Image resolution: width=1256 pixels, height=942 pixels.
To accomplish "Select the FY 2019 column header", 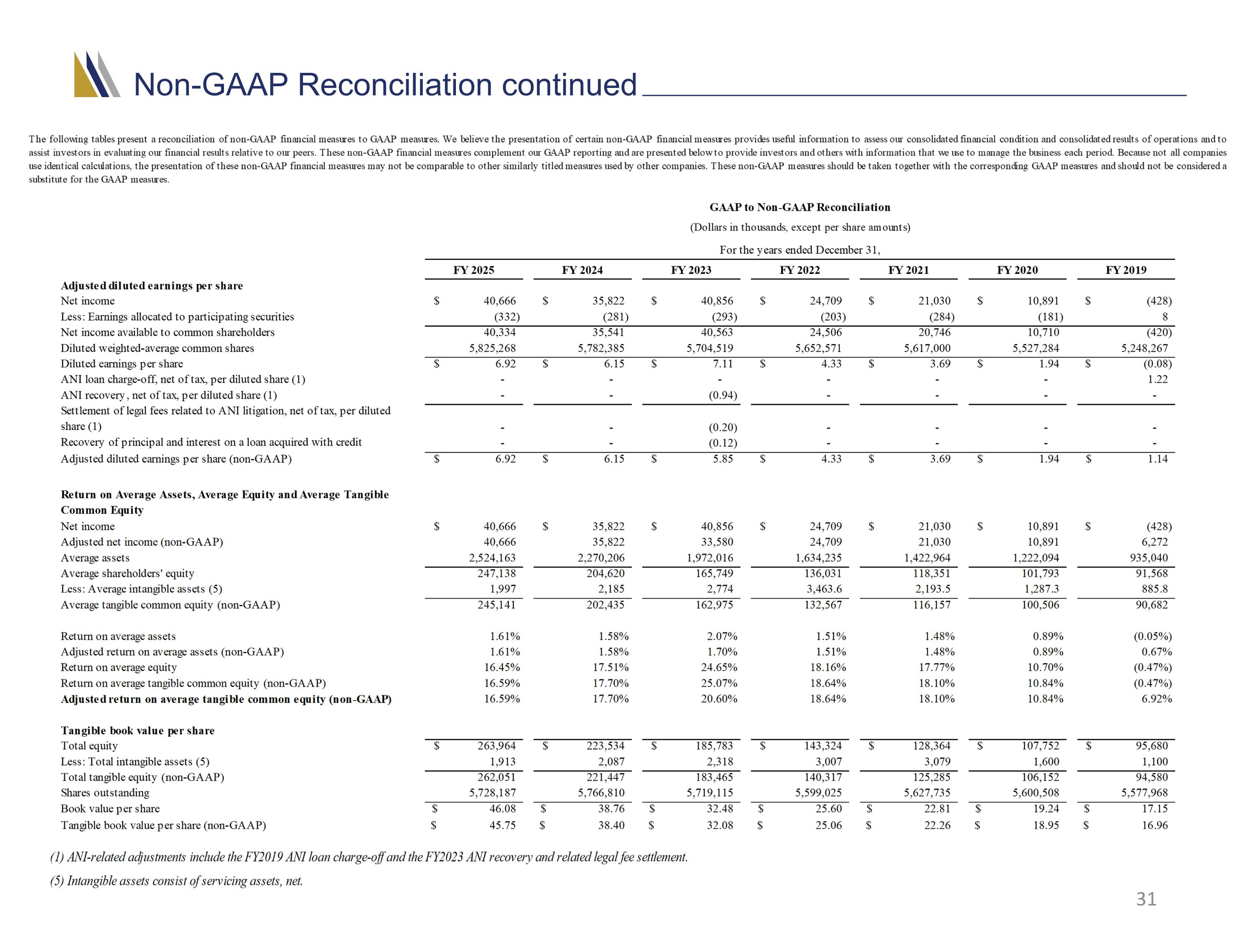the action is pos(1125,270).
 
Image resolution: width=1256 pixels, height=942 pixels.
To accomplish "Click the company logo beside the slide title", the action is pos(97,75).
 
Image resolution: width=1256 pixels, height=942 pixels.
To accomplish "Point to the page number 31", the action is pos(1146,899).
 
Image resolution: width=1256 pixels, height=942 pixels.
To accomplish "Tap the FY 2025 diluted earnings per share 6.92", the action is pos(505,364).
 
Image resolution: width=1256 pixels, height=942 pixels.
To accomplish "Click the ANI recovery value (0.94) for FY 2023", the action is pos(723,395).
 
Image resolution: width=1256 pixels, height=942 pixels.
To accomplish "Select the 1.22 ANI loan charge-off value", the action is pos(1158,379).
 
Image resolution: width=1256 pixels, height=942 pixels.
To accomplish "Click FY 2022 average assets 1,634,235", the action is pos(818,558).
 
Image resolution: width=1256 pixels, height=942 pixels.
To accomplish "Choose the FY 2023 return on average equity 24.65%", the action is pos(719,668).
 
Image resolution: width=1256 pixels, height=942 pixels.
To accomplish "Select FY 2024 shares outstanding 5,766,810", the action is pos(601,793).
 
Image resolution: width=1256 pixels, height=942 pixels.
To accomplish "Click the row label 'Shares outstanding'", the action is pos(105,793).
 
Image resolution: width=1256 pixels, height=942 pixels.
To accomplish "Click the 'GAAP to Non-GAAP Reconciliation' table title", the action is pos(800,207).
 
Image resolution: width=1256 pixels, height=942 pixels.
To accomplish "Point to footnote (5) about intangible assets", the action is pos(177,881).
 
